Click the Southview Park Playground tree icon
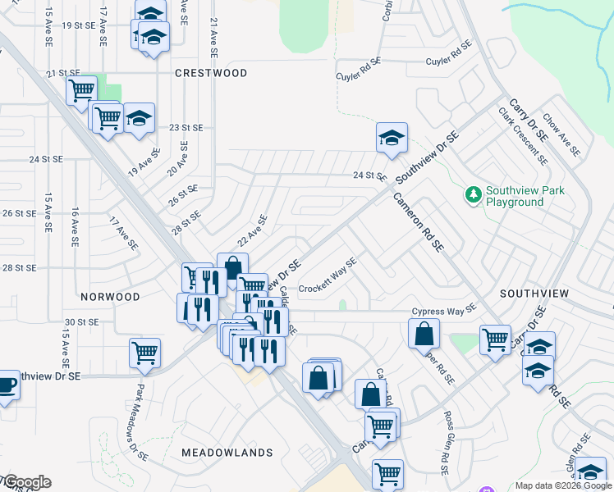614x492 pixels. point(473,195)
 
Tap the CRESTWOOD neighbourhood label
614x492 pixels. point(211,73)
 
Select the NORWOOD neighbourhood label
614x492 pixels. point(110,296)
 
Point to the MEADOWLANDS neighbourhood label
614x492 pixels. point(227,453)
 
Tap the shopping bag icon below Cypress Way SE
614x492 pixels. point(424,333)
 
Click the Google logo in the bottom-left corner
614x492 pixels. point(26,482)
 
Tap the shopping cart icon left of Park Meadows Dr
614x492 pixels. point(144,353)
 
